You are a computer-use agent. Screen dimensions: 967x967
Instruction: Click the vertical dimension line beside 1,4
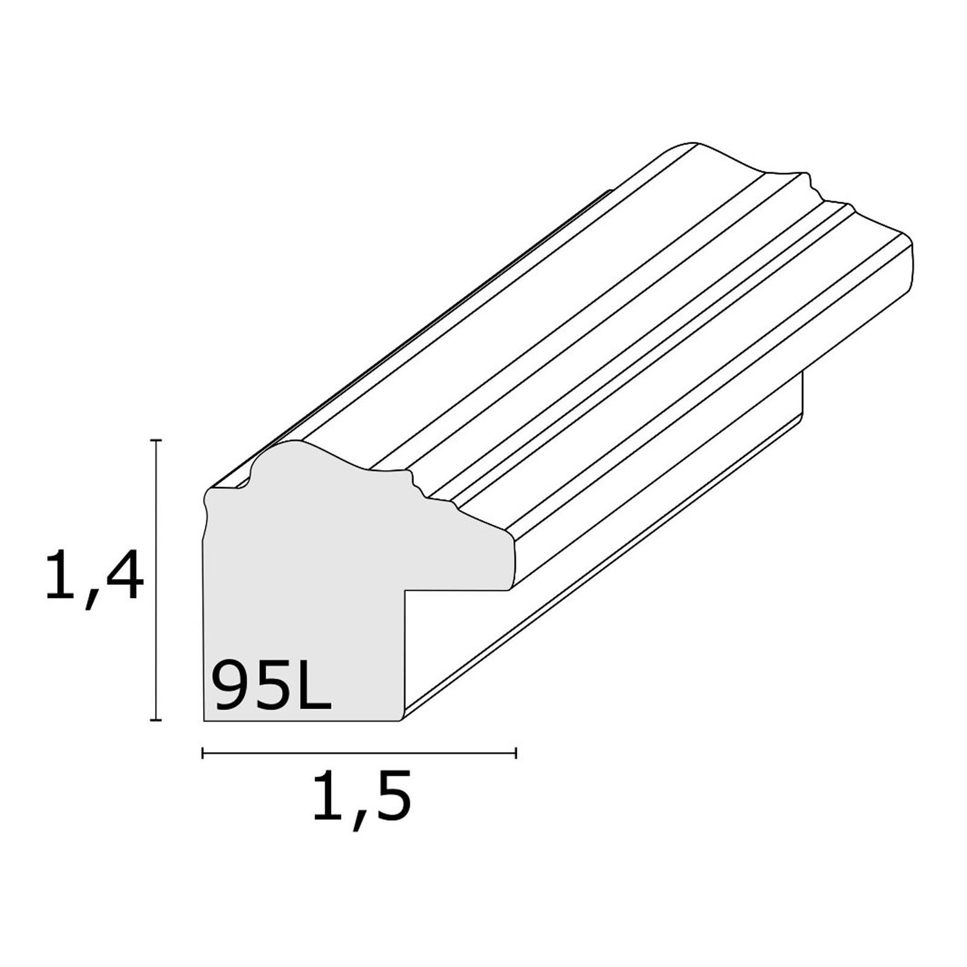[157, 580]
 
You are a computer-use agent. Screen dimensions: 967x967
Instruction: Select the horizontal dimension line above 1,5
[359, 753]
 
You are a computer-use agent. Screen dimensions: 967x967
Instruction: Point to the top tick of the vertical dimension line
[157, 441]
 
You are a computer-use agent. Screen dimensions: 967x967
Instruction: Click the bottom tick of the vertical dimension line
[157, 720]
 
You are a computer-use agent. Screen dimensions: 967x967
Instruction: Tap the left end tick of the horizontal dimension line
[202, 753]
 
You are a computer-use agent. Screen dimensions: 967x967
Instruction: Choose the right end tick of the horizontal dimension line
[516, 753]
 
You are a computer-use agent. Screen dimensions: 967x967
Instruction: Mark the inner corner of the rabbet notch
[406, 590]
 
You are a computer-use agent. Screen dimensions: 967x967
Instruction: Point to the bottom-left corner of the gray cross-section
[205, 720]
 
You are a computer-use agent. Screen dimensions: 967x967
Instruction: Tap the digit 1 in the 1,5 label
[327, 794]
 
